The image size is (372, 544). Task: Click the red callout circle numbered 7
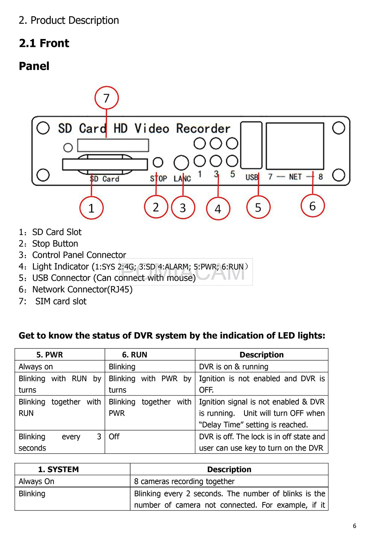[106, 98]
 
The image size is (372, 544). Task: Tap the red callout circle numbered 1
[91, 208]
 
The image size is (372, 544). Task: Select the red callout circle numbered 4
[218, 209]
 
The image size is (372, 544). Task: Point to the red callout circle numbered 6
[312, 206]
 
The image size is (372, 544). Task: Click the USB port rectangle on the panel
[251, 145]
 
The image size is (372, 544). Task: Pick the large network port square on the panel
[295, 146]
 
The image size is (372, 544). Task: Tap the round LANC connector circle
[181, 162]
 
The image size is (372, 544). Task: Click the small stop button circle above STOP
[158, 162]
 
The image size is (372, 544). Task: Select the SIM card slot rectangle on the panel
[113, 145]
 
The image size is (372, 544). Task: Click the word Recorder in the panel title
[203, 129]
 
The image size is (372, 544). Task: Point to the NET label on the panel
[295, 177]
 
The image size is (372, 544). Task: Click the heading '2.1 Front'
[44, 44]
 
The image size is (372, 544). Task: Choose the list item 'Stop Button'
[55, 244]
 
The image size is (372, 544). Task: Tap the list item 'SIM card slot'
[61, 301]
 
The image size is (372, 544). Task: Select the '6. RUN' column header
[135, 355]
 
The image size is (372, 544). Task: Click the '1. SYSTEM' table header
[58, 469]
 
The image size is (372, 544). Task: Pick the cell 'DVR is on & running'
[234, 367]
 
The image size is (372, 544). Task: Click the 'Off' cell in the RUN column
[114, 437]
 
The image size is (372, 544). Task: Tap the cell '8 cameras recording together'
[184, 481]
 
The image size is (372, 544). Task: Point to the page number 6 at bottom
[355, 526]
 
